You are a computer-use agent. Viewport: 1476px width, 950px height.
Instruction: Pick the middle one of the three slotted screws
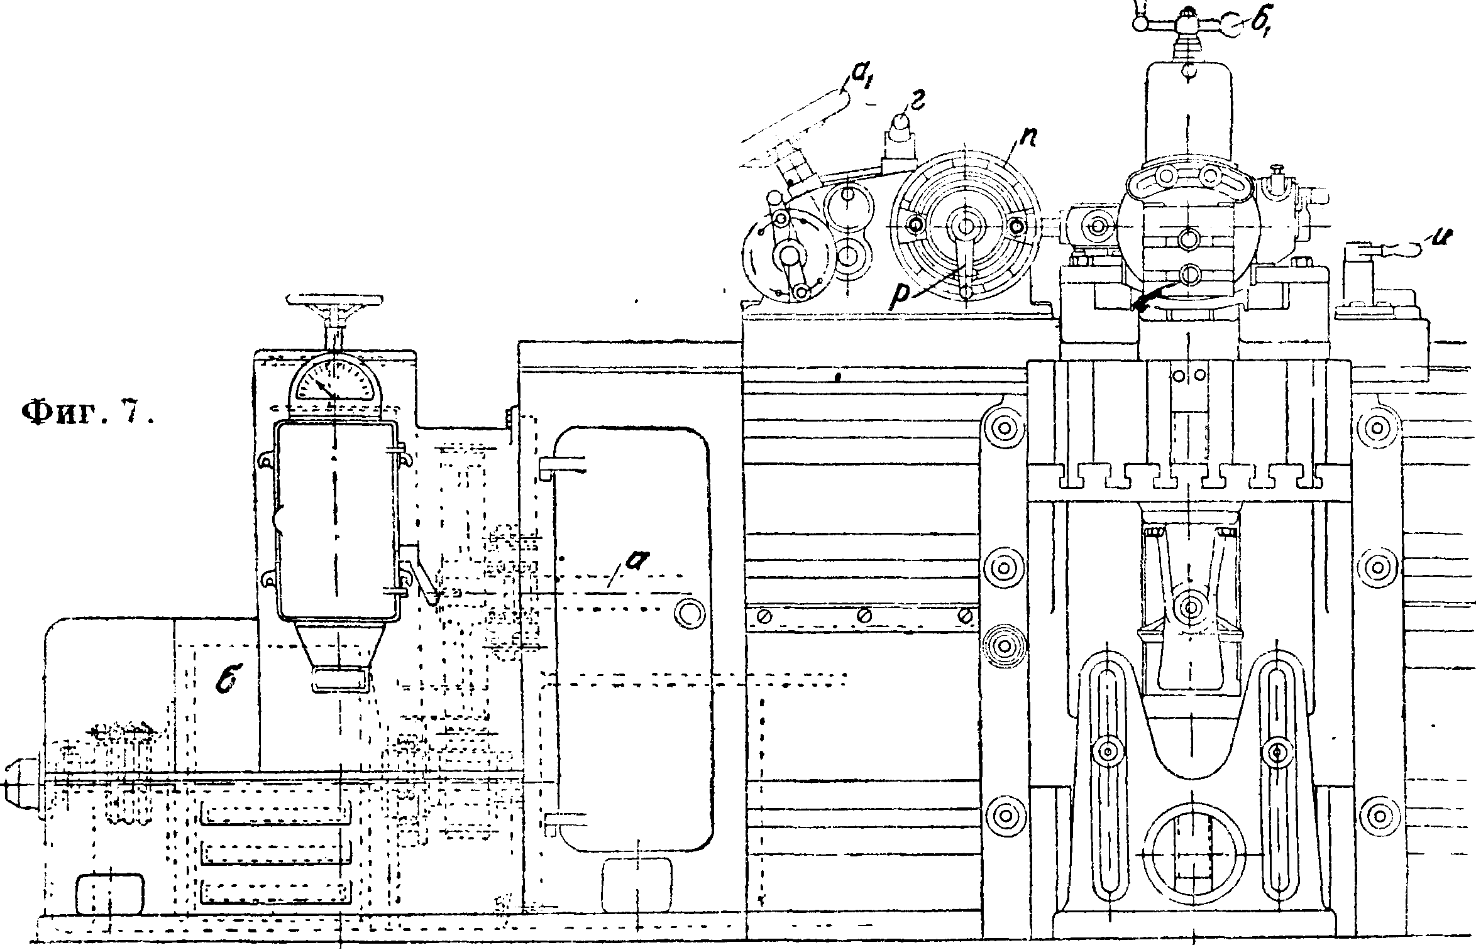864,615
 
